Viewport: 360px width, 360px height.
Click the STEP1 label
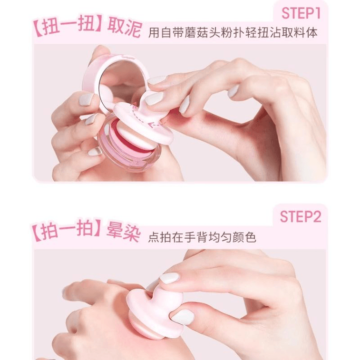(x=301, y=13)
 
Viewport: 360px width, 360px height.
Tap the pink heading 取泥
(x=124, y=29)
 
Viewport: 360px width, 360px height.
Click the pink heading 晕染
(x=123, y=233)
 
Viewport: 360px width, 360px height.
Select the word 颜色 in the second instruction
(x=244, y=237)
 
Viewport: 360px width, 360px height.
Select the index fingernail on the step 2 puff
(x=169, y=278)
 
